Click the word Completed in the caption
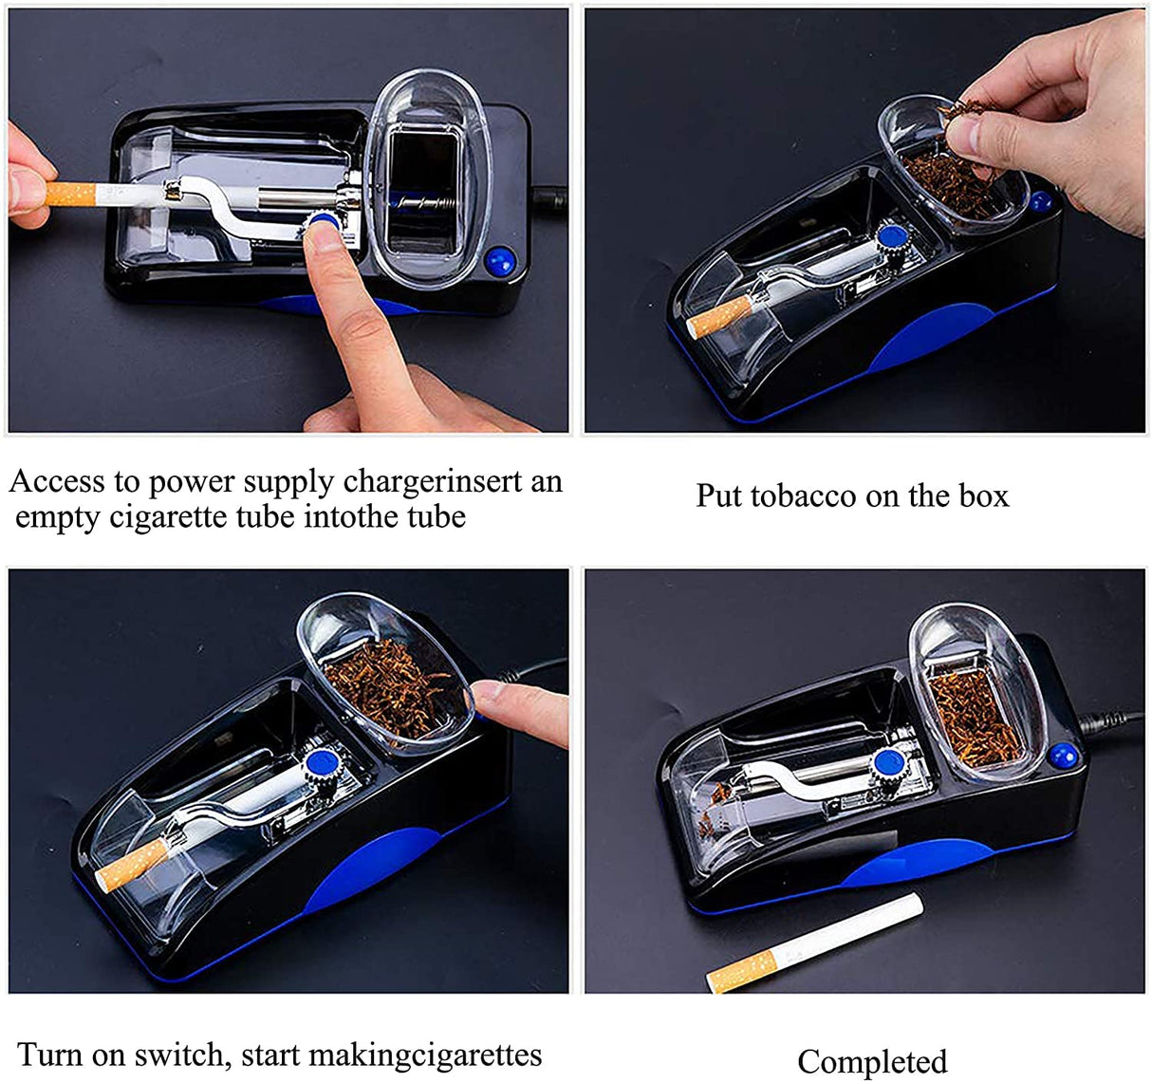872,1061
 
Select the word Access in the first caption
56,482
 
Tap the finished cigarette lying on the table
815,944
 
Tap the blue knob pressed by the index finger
324,222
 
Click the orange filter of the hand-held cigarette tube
70,195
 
